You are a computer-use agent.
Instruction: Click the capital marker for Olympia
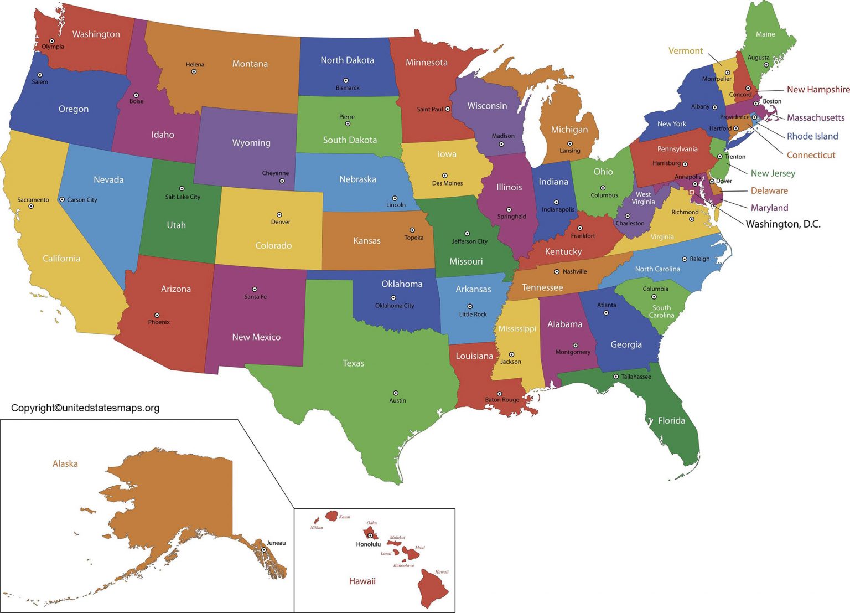pos(51,41)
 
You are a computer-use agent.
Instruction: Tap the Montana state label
pos(250,64)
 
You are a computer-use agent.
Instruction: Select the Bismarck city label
pos(348,88)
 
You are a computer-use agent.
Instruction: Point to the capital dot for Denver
pos(279,215)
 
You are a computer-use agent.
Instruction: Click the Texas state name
pos(353,363)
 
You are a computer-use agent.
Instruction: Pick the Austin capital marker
pos(396,393)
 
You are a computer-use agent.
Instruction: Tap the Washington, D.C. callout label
pos(782,224)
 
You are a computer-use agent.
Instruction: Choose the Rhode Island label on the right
pos(812,136)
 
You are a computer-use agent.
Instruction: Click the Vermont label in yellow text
pos(685,51)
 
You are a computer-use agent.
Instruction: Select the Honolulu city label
pos(369,544)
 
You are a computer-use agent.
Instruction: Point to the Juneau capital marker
pos(264,550)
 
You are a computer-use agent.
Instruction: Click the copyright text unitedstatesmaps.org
pos(85,408)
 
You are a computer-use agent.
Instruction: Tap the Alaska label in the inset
pos(65,464)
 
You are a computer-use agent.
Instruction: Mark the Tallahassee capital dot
pos(616,377)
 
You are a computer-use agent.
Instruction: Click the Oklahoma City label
pos(395,306)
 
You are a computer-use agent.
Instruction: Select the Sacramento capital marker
pos(31,207)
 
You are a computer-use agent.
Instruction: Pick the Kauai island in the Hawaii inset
pos(331,516)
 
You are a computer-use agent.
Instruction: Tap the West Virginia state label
pos(643,198)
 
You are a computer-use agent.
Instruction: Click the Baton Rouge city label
pos(502,400)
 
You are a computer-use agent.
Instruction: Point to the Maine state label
pos(765,34)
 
